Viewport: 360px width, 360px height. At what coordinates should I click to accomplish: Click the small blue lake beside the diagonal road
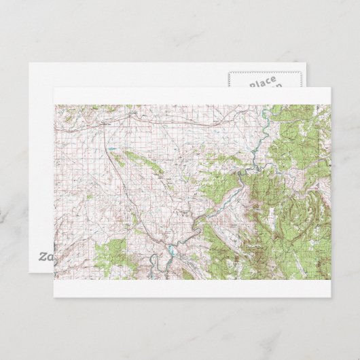[109, 147]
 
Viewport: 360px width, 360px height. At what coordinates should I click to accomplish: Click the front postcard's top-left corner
[53, 88]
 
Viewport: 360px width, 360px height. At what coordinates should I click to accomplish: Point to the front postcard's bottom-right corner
[331, 298]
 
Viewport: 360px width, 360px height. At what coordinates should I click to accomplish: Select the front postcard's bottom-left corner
[53, 298]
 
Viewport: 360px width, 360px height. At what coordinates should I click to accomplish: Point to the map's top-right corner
[330, 105]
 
